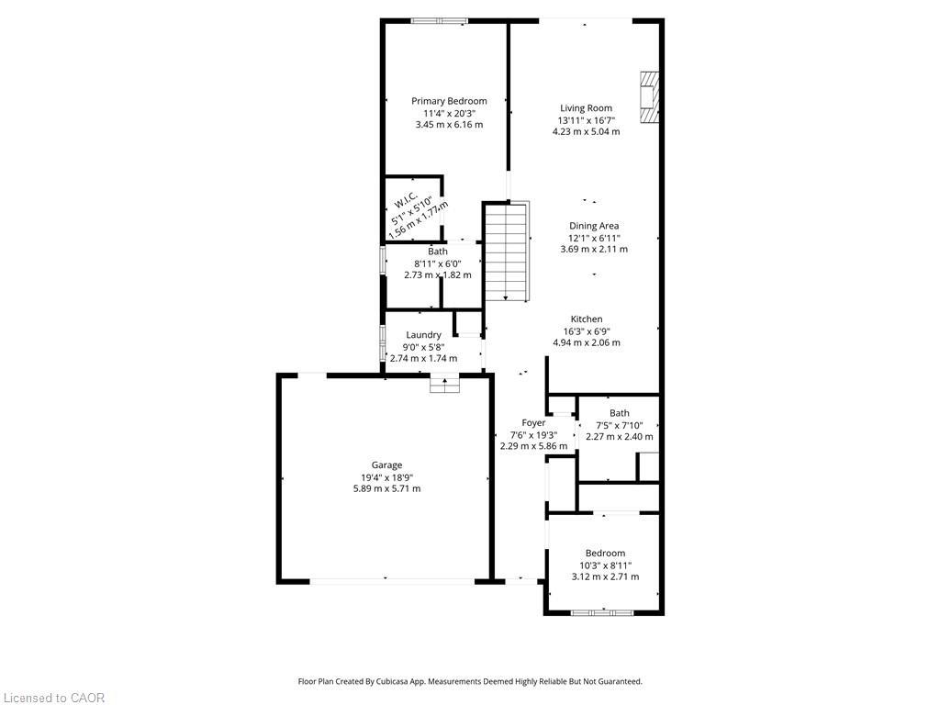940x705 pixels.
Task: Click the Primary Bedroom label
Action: (x=449, y=101)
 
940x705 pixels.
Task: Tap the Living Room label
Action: (x=586, y=108)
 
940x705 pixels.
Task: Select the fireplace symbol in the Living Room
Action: (x=649, y=97)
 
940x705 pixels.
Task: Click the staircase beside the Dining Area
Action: (x=507, y=252)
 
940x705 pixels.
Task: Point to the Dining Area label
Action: (x=594, y=226)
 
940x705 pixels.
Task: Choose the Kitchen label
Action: (x=586, y=319)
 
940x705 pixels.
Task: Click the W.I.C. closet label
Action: (x=407, y=200)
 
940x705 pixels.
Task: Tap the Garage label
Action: (x=386, y=465)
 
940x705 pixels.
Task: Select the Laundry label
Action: (x=423, y=335)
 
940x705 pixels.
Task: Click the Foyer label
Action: (x=533, y=423)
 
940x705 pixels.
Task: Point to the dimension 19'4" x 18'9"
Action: (x=386, y=477)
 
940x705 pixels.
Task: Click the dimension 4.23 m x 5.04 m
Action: (x=586, y=131)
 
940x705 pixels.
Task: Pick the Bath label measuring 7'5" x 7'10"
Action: (x=620, y=413)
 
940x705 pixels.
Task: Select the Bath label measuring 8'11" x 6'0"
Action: (x=438, y=252)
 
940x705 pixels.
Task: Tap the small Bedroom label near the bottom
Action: (x=605, y=554)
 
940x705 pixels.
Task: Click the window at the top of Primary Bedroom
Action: (x=439, y=20)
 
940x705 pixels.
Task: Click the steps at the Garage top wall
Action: (x=444, y=386)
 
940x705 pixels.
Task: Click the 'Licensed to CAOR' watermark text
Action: (x=53, y=698)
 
